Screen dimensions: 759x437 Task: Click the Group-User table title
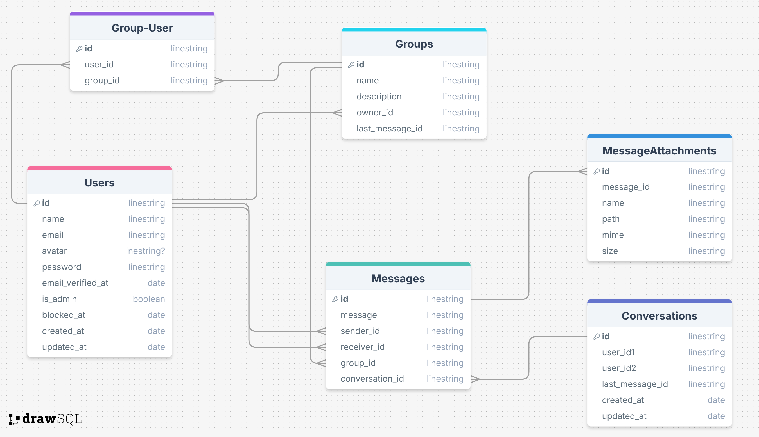pyautogui.click(x=142, y=28)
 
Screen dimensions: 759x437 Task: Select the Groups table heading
pyautogui.click(x=414, y=44)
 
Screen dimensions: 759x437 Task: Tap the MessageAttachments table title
pyautogui.click(x=659, y=151)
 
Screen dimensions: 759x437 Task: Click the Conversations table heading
pyautogui.click(x=659, y=316)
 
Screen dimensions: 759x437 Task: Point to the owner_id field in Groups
pyautogui.click(x=375, y=113)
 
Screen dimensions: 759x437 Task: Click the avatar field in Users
pyautogui.click(x=54, y=251)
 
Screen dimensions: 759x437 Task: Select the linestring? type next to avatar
pyautogui.click(x=144, y=251)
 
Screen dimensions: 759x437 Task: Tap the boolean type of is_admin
pyautogui.click(x=149, y=299)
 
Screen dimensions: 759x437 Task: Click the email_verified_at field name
pyautogui.click(x=75, y=283)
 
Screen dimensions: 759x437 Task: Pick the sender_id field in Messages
pyautogui.click(x=360, y=331)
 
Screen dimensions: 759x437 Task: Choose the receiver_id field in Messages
pyautogui.click(x=363, y=347)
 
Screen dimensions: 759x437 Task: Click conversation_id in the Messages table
pyautogui.click(x=372, y=379)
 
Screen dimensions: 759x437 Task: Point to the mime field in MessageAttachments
pyautogui.click(x=613, y=235)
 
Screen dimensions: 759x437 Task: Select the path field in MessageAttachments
pyautogui.click(x=611, y=219)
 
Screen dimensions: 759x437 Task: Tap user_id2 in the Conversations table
pyautogui.click(x=619, y=368)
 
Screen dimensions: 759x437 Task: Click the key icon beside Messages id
pyautogui.click(x=335, y=299)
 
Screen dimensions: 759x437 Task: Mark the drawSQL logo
pyautogui.click(x=46, y=419)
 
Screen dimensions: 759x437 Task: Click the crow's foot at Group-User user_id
pyautogui.click(x=65, y=65)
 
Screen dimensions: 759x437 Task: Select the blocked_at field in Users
pyautogui.click(x=64, y=315)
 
